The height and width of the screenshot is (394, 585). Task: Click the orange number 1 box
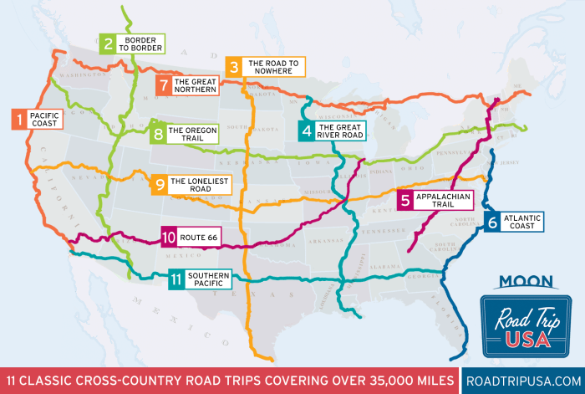tap(17, 119)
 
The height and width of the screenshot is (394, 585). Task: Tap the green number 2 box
tap(109, 43)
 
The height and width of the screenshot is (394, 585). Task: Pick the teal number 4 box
tap(308, 130)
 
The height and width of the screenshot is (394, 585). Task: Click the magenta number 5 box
tap(405, 200)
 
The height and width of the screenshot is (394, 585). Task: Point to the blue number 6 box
tap(493, 222)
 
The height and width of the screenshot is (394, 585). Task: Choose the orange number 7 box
tap(164, 84)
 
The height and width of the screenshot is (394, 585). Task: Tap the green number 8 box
tap(157, 134)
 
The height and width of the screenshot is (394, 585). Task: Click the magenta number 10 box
tap(170, 238)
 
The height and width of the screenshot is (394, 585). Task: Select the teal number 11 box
tap(175, 279)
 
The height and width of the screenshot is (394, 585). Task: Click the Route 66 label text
tap(200, 238)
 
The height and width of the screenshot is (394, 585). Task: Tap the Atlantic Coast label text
tap(522, 222)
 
